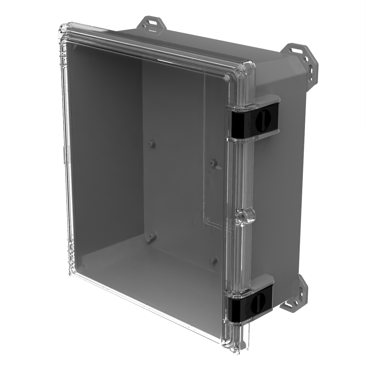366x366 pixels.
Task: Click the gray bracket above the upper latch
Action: [x=268, y=99]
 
